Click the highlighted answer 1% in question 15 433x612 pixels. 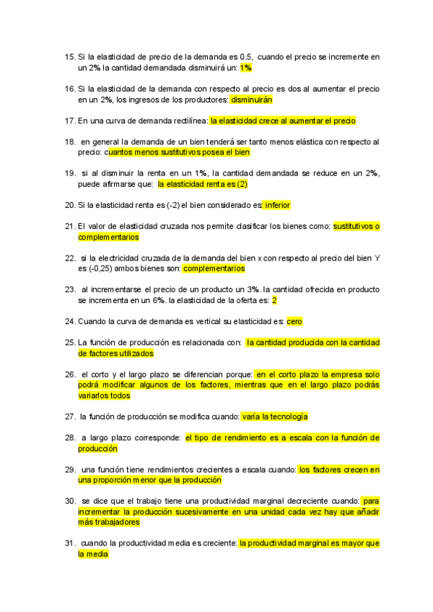[x=246, y=68]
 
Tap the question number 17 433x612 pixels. [x=70, y=121]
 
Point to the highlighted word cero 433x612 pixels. [x=294, y=321]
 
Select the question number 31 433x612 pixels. [x=70, y=543]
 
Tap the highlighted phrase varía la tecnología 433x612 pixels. [x=275, y=416]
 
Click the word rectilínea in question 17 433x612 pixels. [x=187, y=121]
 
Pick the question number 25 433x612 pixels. [x=70, y=342]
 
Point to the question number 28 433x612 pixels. [x=70, y=437]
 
